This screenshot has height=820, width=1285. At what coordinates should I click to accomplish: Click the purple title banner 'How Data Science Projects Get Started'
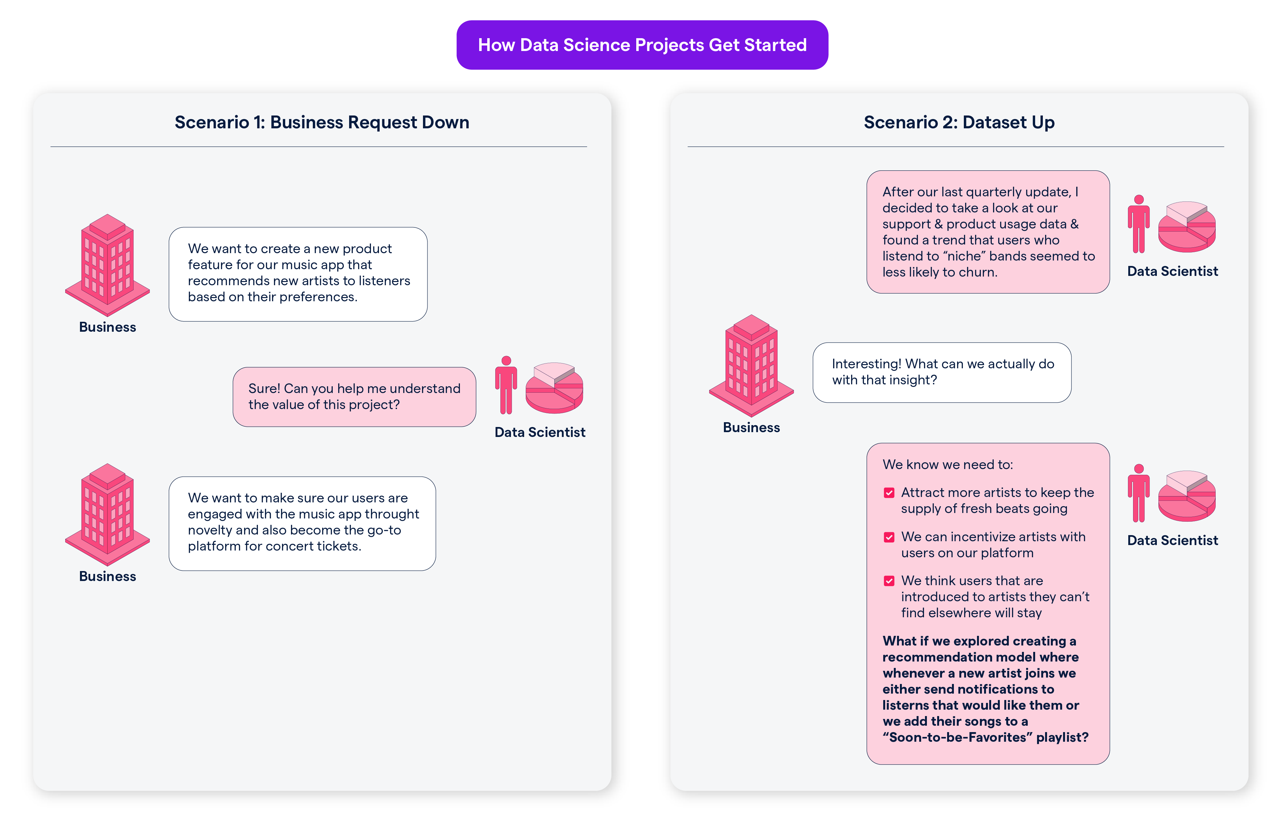point(642,45)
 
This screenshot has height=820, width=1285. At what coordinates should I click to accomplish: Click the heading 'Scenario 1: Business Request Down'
point(322,122)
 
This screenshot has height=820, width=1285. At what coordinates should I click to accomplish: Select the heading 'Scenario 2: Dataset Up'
point(959,122)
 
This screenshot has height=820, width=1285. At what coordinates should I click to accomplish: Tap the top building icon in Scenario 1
point(107,265)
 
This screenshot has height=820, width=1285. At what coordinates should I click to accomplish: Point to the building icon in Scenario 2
point(751,365)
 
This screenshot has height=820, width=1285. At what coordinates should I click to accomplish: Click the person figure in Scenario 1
point(506,385)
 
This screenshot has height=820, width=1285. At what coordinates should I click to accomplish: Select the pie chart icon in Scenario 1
point(554,388)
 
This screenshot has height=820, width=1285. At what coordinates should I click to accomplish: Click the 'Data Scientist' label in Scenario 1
point(540,432)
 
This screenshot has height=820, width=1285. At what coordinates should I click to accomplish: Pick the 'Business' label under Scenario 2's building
point(751,428)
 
